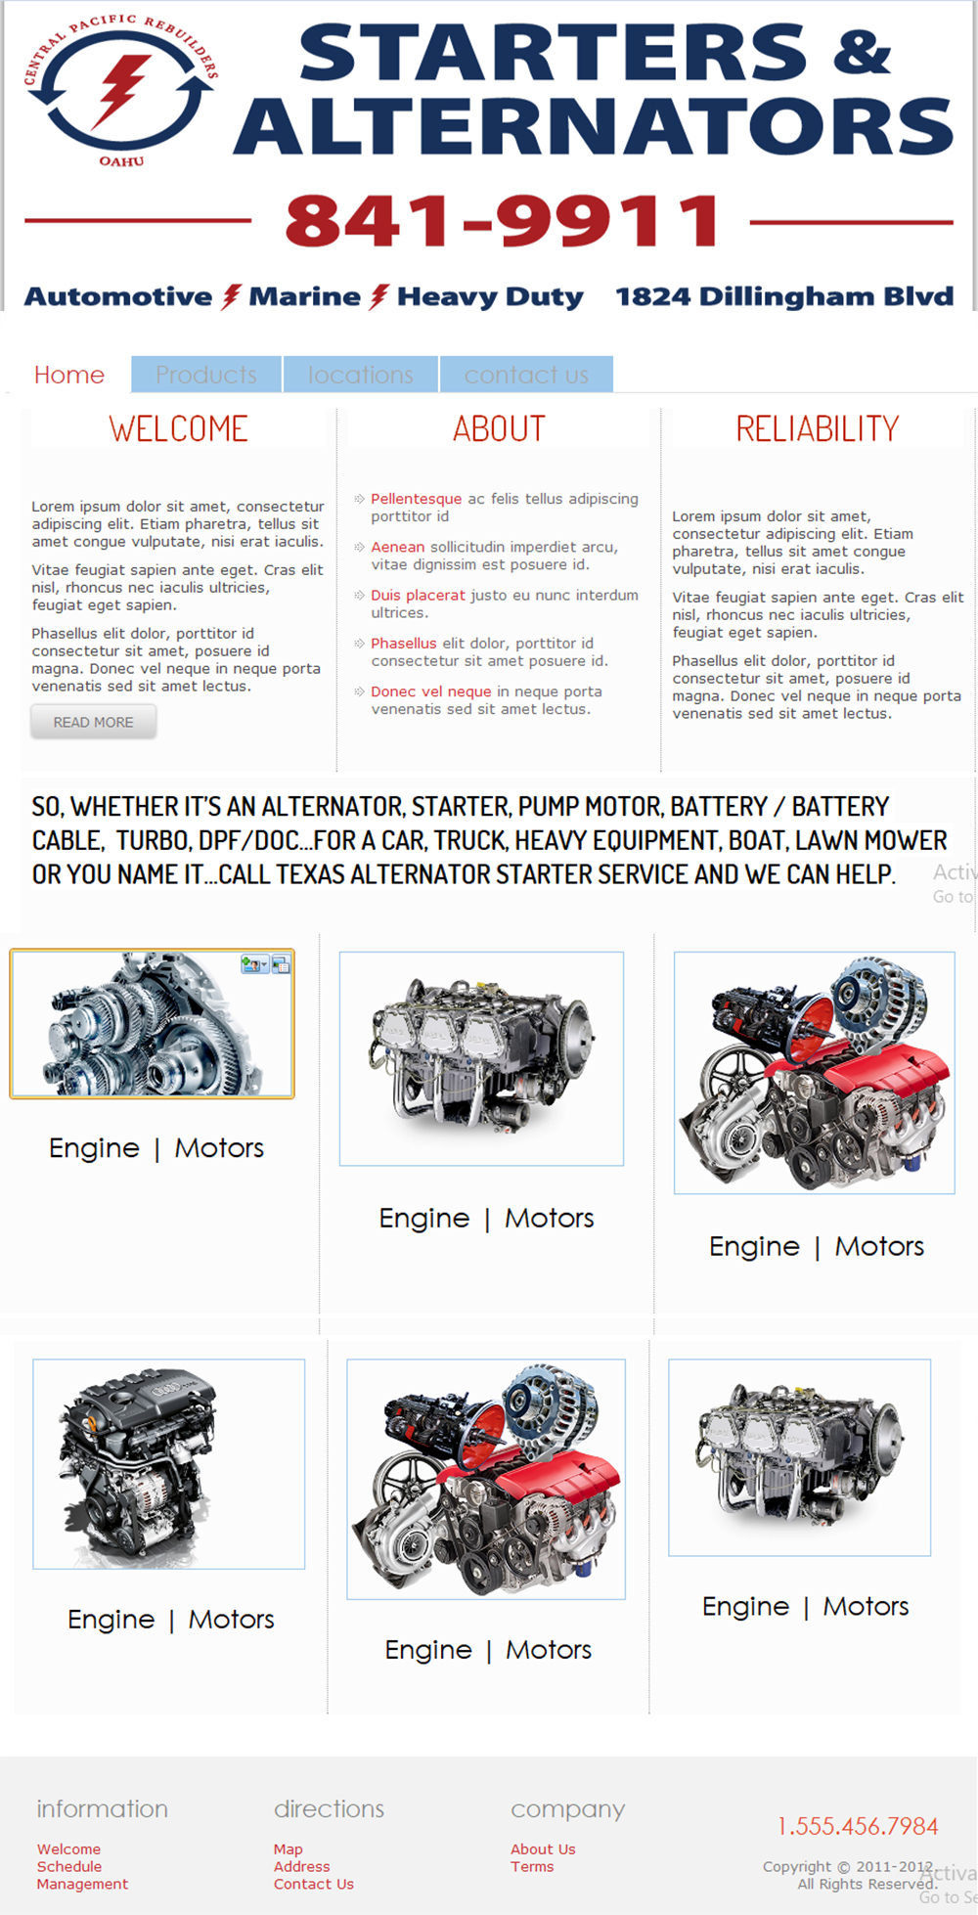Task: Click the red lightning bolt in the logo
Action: [x=120, y=91]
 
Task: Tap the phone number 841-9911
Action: [x=503, y=221]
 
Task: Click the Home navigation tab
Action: [x=68, y=375]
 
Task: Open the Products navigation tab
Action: [x=206, y=375]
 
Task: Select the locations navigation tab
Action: [x=361, y=375]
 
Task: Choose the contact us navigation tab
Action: [x=526, y=375]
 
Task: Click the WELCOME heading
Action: [x=178, y=428]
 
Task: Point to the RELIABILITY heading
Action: [x=817, y=428]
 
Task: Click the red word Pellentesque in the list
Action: [x=416, y=499]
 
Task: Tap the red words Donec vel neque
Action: [x=430, y=691]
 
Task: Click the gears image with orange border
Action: [x=152, y=1024]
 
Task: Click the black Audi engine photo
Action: [x=168, y=1463]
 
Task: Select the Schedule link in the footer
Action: [x=69, y=1866]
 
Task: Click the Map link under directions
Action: [x=288, y=1848]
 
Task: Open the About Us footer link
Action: [x=543, y=1848]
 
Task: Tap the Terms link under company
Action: [x=532, y=1866]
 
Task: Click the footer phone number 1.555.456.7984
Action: [x=858, y=1826]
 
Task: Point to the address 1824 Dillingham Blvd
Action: [x=783, y=296]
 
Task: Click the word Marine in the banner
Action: [x=304, y=296]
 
